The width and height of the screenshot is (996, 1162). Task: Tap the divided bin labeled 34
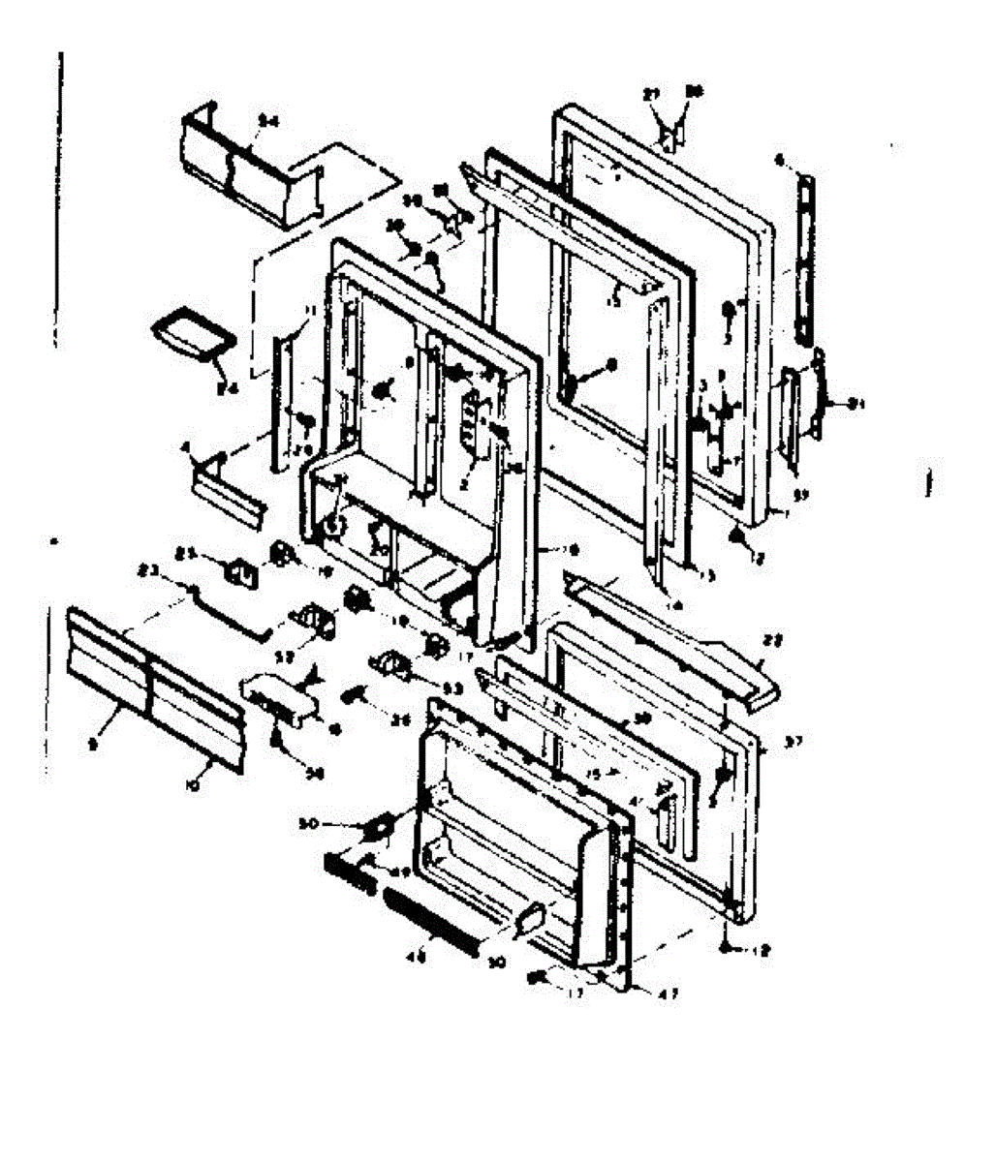coord(237,166)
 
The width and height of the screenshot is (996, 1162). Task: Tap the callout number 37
coord(794,742)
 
